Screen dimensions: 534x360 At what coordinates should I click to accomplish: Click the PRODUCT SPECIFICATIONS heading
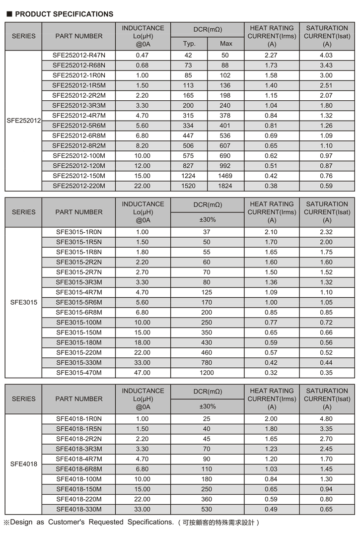pos(64,14)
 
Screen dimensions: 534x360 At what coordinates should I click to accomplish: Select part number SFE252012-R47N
pos(78,55)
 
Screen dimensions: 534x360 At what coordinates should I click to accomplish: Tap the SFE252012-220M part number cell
pos(78,186)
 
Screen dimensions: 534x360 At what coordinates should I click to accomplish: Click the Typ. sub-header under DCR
pos(189,44)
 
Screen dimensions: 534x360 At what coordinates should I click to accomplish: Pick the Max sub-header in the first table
pos(226,44)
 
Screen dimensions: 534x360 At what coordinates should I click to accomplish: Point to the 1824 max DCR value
pos(225,186)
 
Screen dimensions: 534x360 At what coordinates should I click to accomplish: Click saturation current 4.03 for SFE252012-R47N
pos(326,55)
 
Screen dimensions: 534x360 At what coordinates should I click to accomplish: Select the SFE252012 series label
pos(23,121)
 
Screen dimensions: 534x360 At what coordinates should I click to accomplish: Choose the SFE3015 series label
pos(23,302)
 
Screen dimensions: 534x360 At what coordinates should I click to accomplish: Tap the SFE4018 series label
pos(23,465)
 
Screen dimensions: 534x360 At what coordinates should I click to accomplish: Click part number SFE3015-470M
pos(78,373)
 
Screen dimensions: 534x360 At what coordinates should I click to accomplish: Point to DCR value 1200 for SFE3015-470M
pos(207,373)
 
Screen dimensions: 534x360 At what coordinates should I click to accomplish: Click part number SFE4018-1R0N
pos(78,419)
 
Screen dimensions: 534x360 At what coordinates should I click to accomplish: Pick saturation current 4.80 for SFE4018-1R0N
pos(326,419)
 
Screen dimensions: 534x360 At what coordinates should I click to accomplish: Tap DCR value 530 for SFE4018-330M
pos(207,509)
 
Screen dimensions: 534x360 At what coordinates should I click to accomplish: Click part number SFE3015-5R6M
pos(78,302)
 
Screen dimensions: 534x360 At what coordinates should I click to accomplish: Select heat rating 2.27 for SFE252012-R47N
pos(271,55)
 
